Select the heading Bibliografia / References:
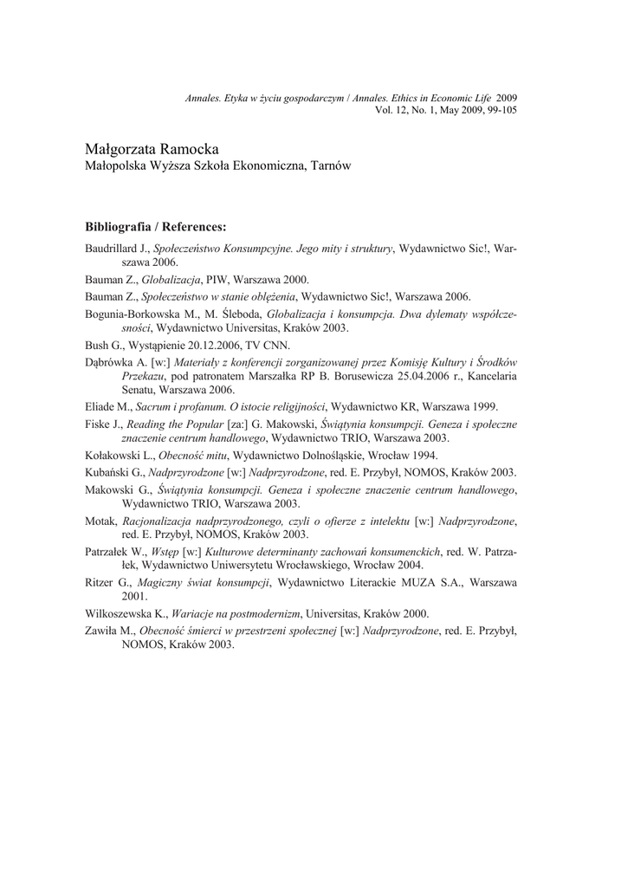(x=155, y=227)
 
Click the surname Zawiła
(x=101, y=631)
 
